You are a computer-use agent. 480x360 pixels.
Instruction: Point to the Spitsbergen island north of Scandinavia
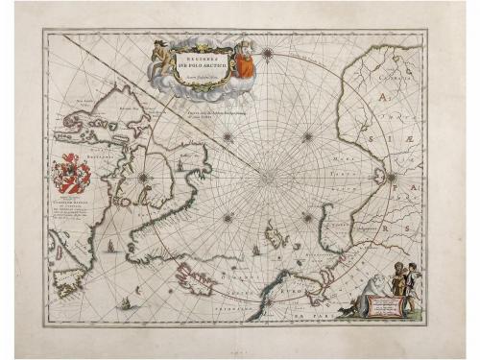click(x=277, y=232)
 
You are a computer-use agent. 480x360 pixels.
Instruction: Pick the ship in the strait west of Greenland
click(x=113, y=245)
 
